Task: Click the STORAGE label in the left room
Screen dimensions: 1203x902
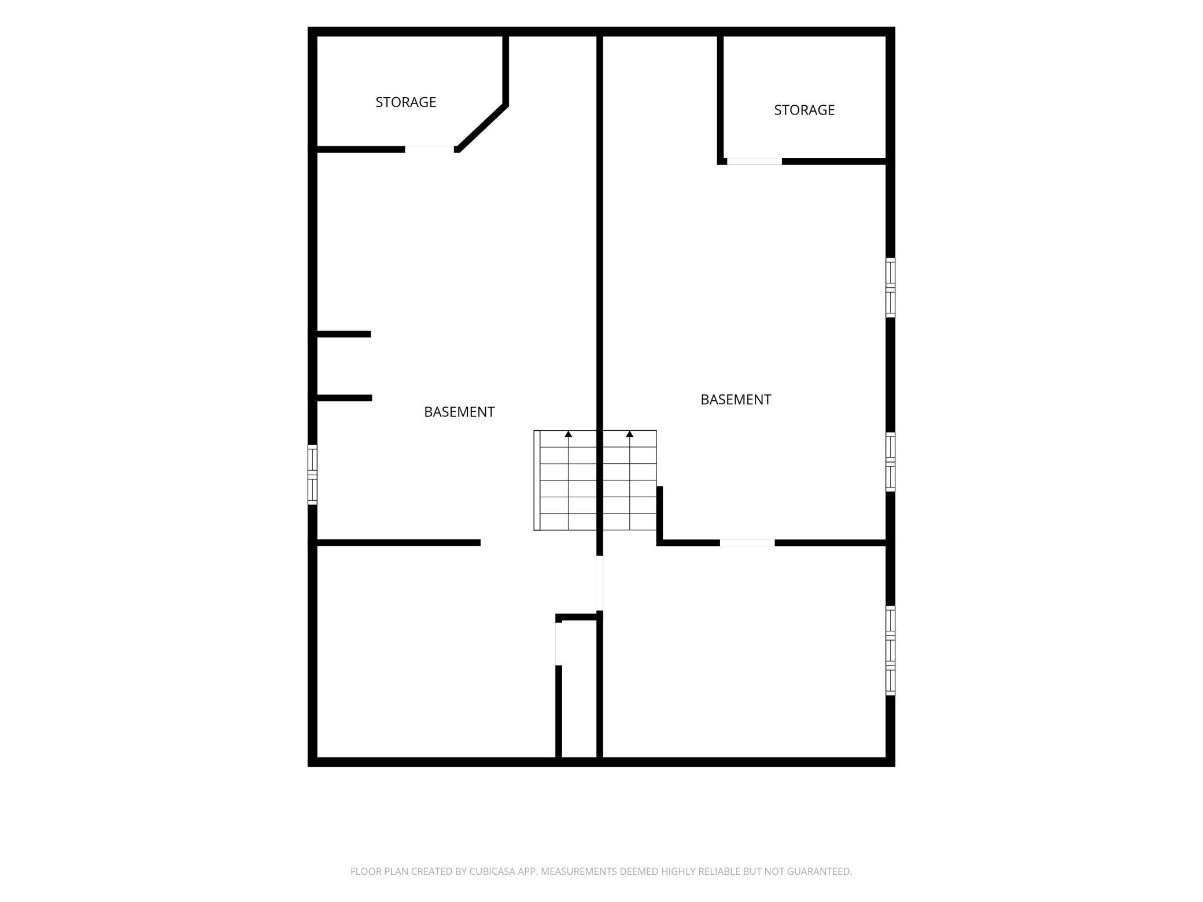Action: (405, 102)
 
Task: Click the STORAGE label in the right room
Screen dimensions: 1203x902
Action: (804, 110)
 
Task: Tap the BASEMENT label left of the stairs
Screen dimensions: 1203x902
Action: (459, 412)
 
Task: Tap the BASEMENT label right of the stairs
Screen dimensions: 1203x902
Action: (736, 400)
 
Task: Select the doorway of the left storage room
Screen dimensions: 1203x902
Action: (430, 149)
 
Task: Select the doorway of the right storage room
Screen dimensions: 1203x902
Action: (754, 161)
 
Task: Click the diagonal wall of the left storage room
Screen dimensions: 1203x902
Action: (483, 128)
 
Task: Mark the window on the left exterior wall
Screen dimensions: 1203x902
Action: (312, 475)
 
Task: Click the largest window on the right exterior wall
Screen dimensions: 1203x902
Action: (891, 650)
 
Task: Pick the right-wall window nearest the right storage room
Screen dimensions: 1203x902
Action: (891, 287)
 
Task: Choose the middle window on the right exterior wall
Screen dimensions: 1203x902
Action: (891, 462)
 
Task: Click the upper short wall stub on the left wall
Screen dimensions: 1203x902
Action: (344, 334)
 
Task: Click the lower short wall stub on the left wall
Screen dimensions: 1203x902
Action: (344, 398)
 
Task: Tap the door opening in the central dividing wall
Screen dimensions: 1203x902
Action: (600, 583)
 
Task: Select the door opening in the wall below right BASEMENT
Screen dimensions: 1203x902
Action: (747, 543)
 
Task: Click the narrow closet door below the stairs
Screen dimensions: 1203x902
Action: (559, 644)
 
